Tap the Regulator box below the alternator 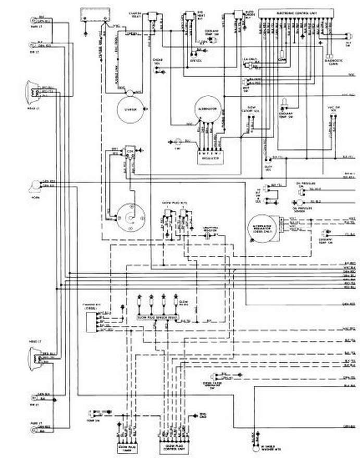[208, 156]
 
